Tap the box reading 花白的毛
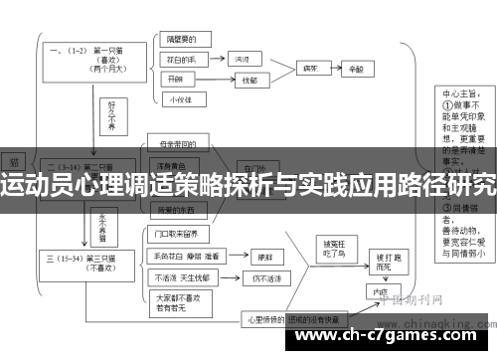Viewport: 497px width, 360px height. click(x=183, y=60)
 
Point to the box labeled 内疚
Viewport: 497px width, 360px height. click(x=378, y=293)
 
